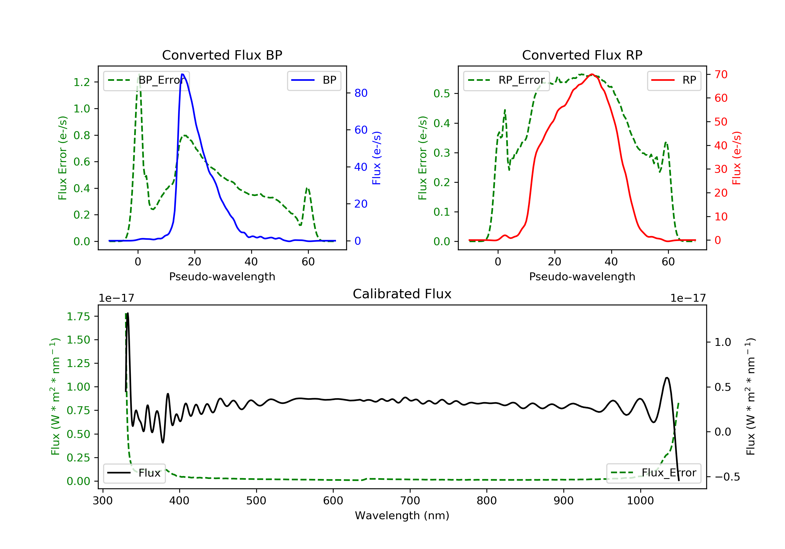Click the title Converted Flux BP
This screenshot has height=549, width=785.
pyautogui.click(x=222, y=55)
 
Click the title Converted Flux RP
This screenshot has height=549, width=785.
pyautogui.click(x=582, y=55)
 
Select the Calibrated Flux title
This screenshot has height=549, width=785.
pyautogui.click(x=402, y=294)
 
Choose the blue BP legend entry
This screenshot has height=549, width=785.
pyautogui.click(x=314, y=80)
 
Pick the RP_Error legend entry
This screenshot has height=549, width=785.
pyautogui.click(x=507, y=80)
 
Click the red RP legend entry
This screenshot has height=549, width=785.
pyautogui.click(x=674, y=80)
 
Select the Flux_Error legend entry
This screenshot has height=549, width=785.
pyautogui.click(x=654, y=473)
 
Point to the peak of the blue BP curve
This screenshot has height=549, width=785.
pyautogui.click(x=183, y=74)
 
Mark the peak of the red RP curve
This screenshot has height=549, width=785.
pyautogui.click(x=592, y=74)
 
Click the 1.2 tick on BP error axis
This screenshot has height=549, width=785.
pyautogui.click(x=81, y=82)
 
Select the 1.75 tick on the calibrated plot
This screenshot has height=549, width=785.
pyautogui.click(x=78, y=317)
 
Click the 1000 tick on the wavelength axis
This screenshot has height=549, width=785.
pyautogui.click(x=640, y=501)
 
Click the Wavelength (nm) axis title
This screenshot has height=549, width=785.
pyautogui.click(x=402, y=516)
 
